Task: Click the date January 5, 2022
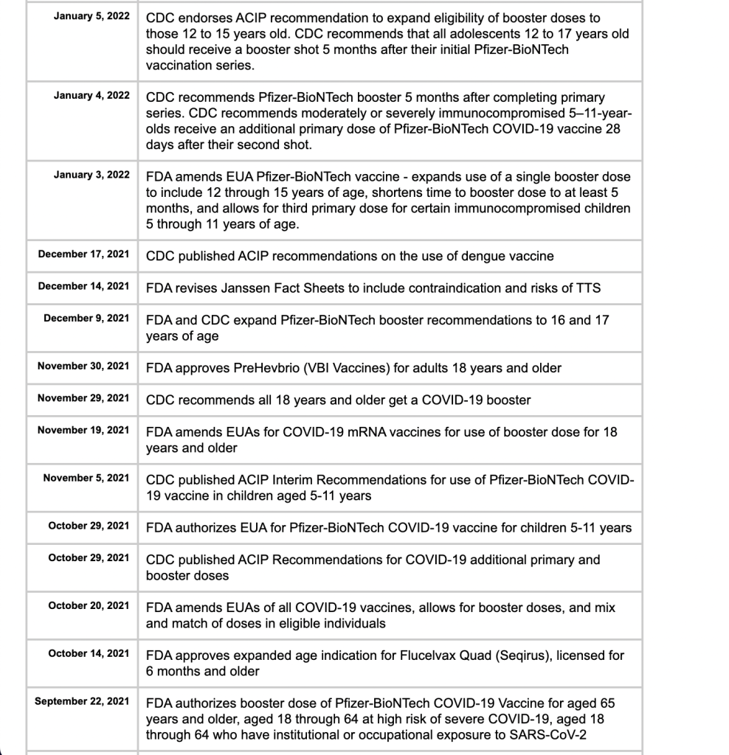pos(91,16)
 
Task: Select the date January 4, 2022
pos(91,96)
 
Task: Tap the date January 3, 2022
pos(91,175)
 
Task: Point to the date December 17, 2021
pos(83,254)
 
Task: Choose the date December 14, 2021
pos(83,286)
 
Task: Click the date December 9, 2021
pos(86,319)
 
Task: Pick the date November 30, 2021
pos(83,366)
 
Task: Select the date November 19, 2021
pos(83,430)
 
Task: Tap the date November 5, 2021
pos(86,478)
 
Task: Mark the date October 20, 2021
pos(89,605)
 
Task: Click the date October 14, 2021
pos(89,653)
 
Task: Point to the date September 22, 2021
pos(82,701)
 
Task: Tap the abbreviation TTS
pos(588,288)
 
